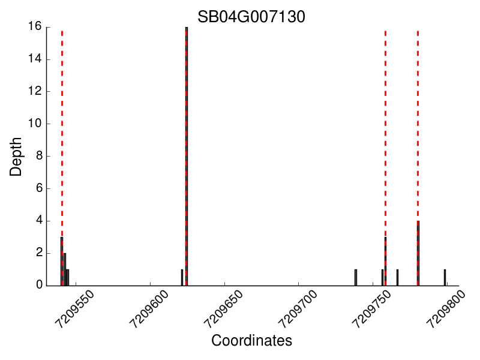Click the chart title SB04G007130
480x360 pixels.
(x=251, y=17)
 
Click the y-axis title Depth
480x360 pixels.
(x=16, y=156)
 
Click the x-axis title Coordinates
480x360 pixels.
(x=251, y=341)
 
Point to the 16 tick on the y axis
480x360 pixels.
(x=34, y=26)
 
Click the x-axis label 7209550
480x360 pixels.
(x=73, y=308)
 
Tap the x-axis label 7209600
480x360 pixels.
(x=148, y=308)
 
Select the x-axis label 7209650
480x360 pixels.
(x=222, y=308)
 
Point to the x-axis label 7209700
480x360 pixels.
(x=296, y=308)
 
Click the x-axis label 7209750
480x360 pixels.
(x=371, y=308)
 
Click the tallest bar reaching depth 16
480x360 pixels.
(x=187, y=156)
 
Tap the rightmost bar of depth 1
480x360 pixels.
(x=445, y=278)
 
